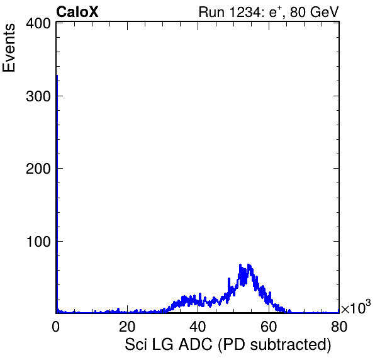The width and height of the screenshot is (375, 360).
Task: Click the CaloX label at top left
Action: point(77,12)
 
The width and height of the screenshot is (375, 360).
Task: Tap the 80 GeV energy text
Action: point(315,12)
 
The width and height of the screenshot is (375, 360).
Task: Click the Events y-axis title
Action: point(9,48)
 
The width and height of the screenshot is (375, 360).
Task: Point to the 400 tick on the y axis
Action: point(38,23)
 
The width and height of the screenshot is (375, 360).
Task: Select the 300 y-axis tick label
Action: point(38,96)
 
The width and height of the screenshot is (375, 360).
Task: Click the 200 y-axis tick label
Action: point(38,169)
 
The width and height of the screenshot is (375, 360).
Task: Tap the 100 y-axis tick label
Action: point(38,242)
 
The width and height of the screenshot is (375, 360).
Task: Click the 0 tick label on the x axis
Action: point(56,326)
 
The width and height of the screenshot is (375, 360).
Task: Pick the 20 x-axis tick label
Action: point(127,326)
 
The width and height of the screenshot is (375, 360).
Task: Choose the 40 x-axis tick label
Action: point(198,326)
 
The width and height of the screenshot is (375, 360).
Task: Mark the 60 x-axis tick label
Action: point(269,326)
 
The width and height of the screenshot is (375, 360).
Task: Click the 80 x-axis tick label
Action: point(339,326)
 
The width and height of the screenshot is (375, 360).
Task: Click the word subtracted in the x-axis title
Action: point(291,344)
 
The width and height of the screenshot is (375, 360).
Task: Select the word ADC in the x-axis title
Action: point(196,344)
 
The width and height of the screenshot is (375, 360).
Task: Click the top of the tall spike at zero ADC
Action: point(57,75)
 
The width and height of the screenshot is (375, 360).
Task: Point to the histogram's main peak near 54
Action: point(249,265)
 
